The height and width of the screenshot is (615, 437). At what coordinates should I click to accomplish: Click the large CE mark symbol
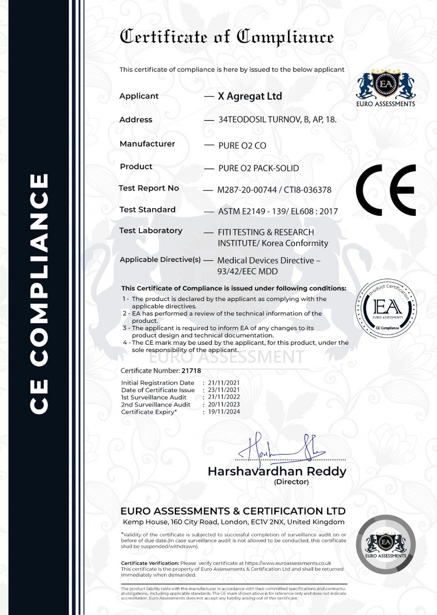tap(385, 190)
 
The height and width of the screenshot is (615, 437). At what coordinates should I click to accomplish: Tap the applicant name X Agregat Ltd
tap(250, 97)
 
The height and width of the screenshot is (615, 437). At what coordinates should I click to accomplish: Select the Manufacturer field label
tap(147, 144)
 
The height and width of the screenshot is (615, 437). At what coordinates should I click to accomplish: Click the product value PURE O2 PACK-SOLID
tap(259, 168)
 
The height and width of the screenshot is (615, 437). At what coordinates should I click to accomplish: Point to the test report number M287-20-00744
tap(247, 190)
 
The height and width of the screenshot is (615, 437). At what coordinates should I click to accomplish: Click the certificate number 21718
tap(191, 371)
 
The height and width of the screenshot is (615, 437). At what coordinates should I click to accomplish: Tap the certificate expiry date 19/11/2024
tap(224, 411)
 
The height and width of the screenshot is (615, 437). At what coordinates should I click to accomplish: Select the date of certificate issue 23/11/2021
tap(224, 390)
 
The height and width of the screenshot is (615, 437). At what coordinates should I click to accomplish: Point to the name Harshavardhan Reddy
tap(277, 471)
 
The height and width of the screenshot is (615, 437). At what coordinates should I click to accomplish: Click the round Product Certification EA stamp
tap(387, 308)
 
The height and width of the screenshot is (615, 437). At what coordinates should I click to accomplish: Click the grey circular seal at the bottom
tap(386, 544)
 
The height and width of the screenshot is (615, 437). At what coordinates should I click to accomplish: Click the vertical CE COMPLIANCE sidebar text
tap(39, 294)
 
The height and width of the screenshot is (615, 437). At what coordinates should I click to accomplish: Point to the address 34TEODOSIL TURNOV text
tap(277, 120)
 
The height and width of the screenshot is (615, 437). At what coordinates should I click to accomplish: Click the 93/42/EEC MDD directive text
tap(247, 271)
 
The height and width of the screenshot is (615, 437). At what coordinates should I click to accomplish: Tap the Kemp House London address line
tap(233, 522)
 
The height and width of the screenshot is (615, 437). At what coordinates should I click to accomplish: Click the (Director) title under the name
tap(291, 482)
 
